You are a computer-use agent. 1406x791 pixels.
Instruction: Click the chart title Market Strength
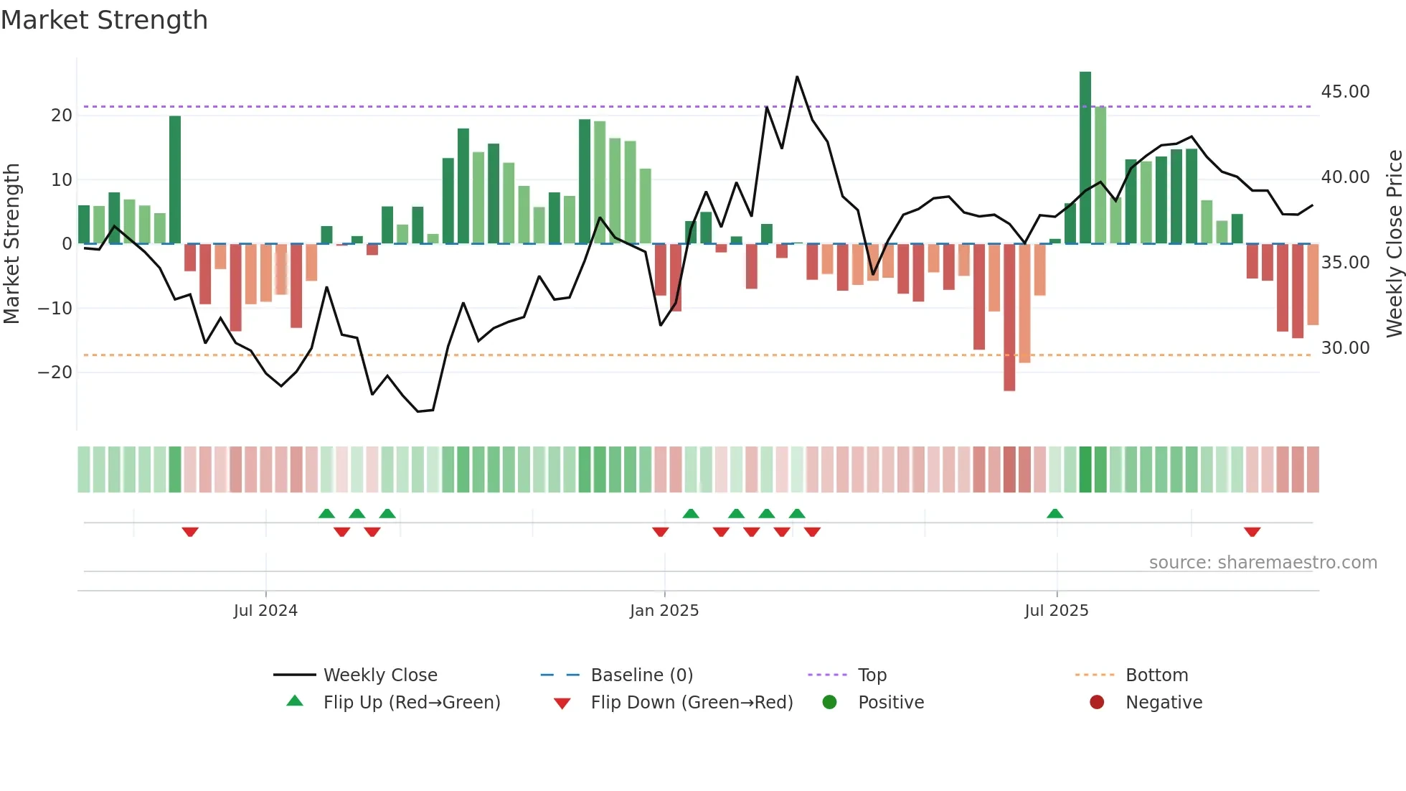pyautogui.click(x=104, y=20)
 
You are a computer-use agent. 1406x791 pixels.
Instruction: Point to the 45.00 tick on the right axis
pyautogui.click(x=1345, y=92)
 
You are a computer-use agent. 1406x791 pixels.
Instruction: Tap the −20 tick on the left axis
pyautogui.click(x=55, y=373)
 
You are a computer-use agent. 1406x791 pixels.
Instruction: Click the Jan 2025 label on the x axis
pyautogui.click(x=664, y=611)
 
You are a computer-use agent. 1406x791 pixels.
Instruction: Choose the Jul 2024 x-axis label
pyautogui.click(x=265, y=611)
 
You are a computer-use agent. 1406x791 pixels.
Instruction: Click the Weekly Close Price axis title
pyautogui.click(x=1394, y=244)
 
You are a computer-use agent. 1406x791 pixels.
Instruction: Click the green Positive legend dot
pyautogui.click(x=830, y=703)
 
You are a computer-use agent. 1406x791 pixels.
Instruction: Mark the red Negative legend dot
pyautogui.click(x=1097, y=703)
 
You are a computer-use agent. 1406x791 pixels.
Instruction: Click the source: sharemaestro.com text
pyautogui.click(x=1263, y=563)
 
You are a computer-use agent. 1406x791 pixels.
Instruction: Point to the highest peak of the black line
pyautogui.click(x=797, y=77)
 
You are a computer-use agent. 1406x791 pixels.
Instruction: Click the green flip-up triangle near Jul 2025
pyautogui.click(x=1054, y=514)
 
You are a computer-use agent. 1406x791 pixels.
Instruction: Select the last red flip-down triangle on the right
pyautogui.click(x=1252, y=532)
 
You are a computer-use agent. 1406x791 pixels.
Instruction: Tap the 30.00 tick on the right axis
pyautogui.click(x=1345, y=348)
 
